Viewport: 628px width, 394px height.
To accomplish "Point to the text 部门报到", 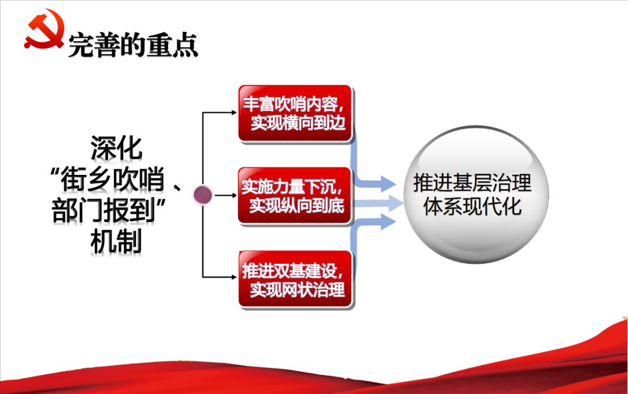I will tap(105, 212).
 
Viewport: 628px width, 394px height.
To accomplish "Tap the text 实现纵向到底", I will tap(297, 206).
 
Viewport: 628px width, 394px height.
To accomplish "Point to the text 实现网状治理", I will tap(298, 289).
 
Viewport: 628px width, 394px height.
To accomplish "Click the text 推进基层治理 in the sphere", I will tap(472, 184).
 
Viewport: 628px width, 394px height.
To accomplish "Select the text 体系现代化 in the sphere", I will tap(472, 207).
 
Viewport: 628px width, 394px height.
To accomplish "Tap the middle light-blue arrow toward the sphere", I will tap(384, 203).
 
